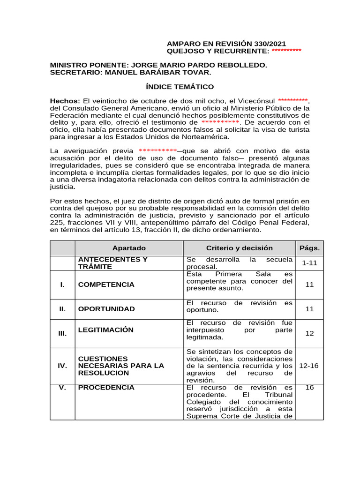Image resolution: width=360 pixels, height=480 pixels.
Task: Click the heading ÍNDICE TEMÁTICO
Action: (x=180, y=87)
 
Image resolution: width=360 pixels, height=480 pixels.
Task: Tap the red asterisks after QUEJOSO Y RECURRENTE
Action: (x=286, y=51)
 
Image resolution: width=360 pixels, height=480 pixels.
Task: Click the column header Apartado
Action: (x=129, y=248)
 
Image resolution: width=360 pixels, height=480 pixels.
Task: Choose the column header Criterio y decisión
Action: (x=239, y=248)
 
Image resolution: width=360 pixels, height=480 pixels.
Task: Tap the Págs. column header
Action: (x=309, y=248)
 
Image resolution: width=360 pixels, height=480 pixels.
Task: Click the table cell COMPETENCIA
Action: (x=106, y=285)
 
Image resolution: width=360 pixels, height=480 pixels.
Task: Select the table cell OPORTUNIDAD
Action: (x=106, y=309)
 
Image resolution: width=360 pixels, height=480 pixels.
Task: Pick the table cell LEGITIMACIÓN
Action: (x=105, y=330)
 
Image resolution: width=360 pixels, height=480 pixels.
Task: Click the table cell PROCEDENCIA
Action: (x=106, y=388)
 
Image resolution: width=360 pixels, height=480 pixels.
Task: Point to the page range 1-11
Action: (x=309, y=263)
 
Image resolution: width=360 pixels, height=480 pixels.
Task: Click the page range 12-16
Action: (x=309, y=366)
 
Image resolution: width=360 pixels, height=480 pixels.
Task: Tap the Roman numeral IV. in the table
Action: (x=62, y=366)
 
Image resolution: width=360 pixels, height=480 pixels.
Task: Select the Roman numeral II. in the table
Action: (x=62, y=309)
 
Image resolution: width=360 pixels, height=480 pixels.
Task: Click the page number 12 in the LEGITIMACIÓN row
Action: (x=309, y=333)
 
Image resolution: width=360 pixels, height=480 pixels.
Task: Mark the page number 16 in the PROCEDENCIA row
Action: (x=309, y=388)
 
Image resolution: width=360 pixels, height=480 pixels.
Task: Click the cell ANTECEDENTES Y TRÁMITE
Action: (x=112, y=263)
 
